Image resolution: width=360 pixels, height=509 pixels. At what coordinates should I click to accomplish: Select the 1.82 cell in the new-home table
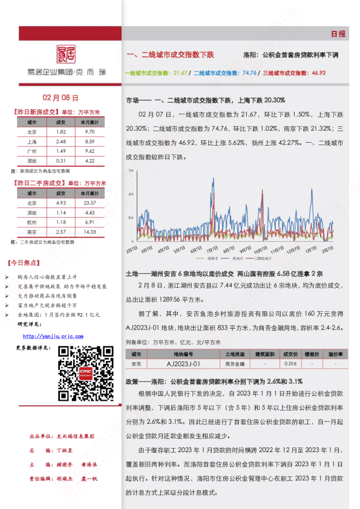[61, 131]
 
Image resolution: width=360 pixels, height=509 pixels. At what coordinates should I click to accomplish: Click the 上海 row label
[31, 141]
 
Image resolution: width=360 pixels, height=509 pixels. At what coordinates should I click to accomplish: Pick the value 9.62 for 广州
[90, 151]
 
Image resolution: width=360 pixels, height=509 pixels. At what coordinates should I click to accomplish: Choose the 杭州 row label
[31, 222]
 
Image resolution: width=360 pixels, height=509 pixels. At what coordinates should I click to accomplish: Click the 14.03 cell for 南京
[90, 232]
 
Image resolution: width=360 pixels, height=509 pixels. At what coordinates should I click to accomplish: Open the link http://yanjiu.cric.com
[53, 336]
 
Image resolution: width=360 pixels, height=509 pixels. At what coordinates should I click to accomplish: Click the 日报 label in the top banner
[338, 34]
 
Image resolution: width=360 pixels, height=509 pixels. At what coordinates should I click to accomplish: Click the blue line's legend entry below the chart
[198, 258]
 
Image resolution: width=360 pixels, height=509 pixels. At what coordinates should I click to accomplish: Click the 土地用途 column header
[234, 353]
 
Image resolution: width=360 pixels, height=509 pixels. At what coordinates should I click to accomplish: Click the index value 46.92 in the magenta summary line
[318, 73]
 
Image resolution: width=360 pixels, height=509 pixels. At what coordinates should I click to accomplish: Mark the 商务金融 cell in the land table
[234, 364]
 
